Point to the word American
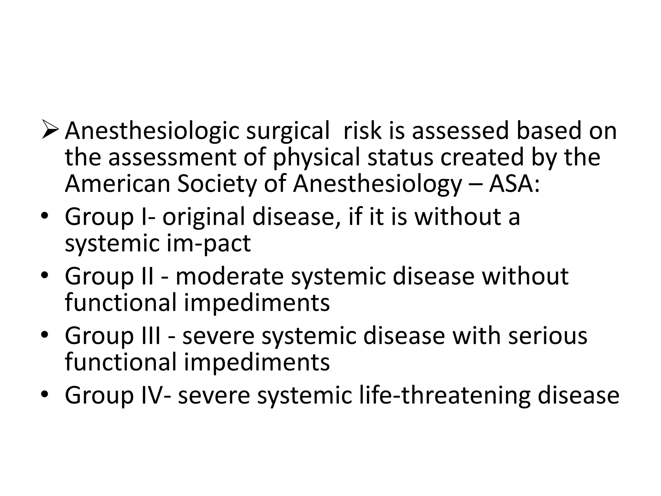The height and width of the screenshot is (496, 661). click(x=117, y=184)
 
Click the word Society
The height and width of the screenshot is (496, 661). click(x=217, y=184)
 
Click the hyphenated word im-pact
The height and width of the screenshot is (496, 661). click(x=209, y=244)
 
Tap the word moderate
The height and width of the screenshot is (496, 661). click(x=229, y=276)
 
